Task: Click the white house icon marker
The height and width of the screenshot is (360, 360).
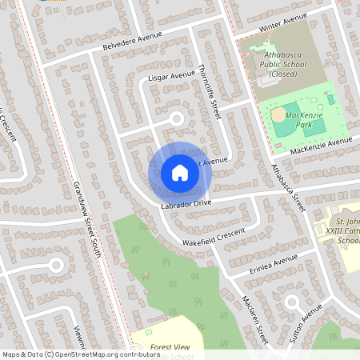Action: pos(180,173)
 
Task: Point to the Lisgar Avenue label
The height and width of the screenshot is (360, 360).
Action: pos(172,77)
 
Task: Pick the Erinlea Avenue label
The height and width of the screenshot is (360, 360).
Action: pos(274,261)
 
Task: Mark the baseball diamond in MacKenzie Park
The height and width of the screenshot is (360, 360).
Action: pos(279,114)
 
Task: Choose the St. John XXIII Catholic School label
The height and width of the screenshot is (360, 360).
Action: pos(345,230)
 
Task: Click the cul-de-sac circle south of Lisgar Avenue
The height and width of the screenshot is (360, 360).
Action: pos(176,119)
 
